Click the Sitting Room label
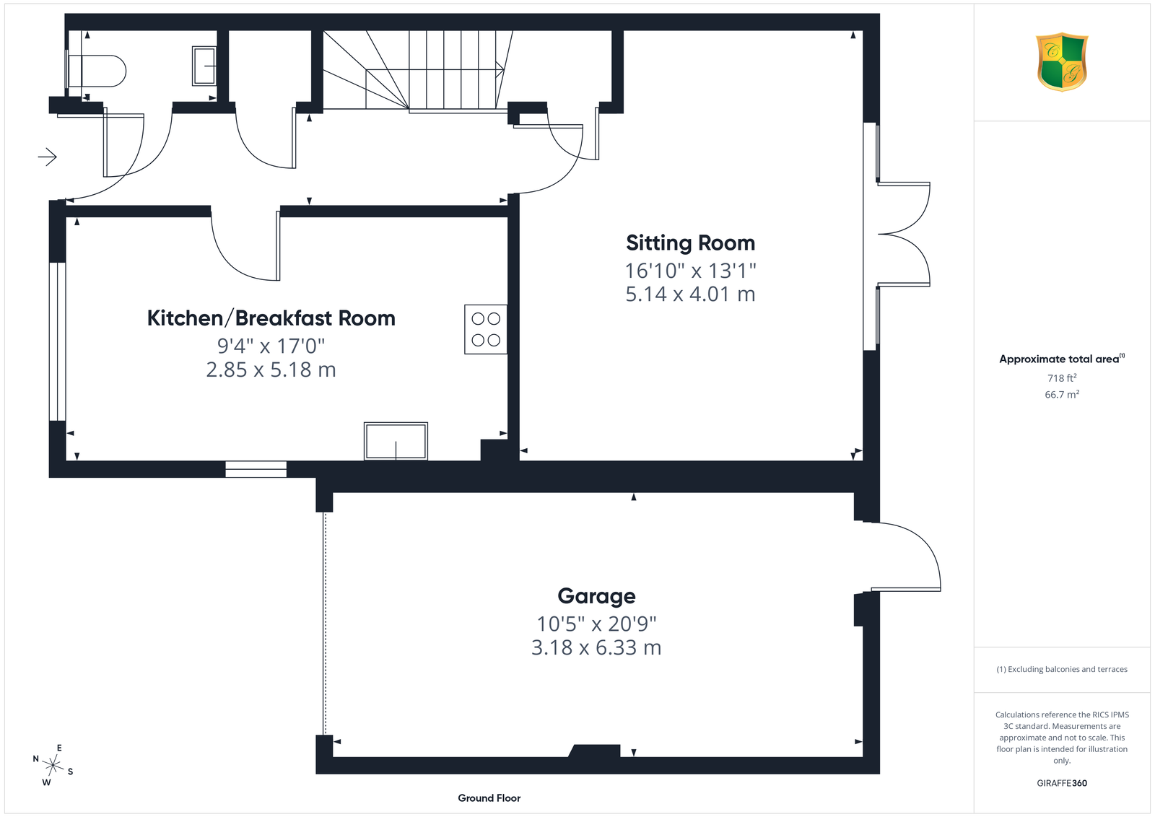click(690, 243)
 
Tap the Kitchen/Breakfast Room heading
click(271, 318)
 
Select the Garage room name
click(596, 596)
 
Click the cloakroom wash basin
click(204, 66)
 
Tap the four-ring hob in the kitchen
click(486, 329)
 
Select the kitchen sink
click(396, 441)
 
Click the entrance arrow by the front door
click(48, 157)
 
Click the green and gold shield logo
click(1062, 62)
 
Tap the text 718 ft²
click(1062, 378)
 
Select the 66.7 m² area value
click(1062, 394)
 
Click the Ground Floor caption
click(489, 798)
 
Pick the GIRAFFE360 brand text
click(1062, 783)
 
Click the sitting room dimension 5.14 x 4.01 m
click(690, 294)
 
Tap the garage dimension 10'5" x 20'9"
click(596, 624)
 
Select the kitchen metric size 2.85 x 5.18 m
click(271, 370)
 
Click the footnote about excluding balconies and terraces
click(1062, 669)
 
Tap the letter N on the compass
click(35, 759)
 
